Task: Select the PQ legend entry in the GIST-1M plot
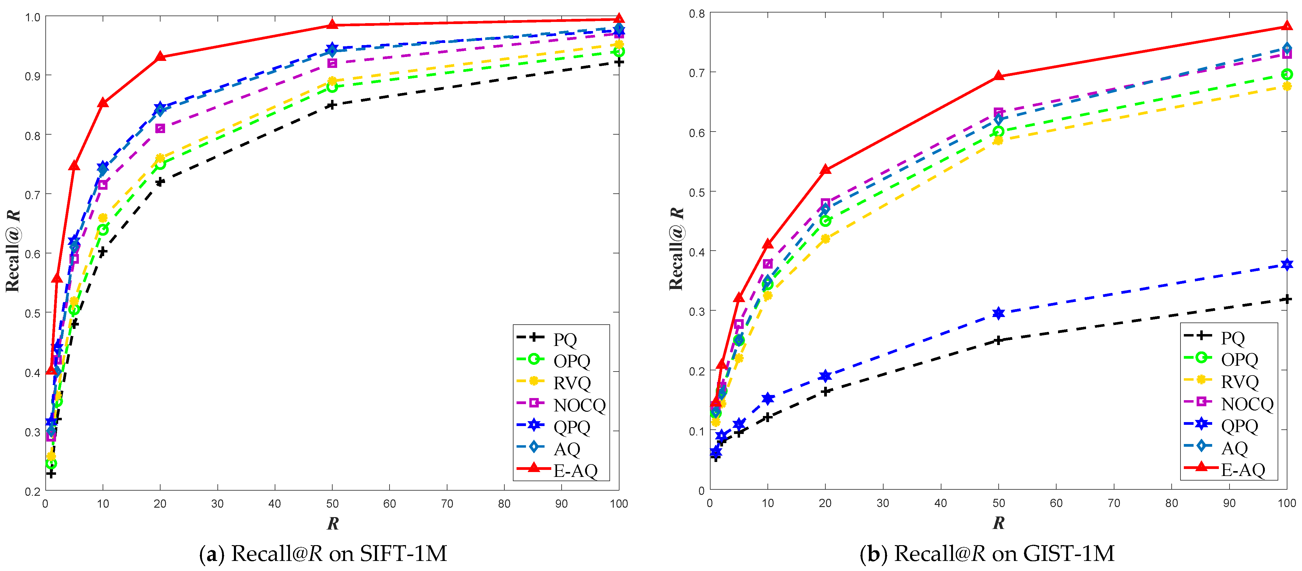point(1232,337)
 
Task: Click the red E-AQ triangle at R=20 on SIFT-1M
point(160,57)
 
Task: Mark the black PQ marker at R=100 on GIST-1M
point(1287,299)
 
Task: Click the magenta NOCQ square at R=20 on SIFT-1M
point(160,128)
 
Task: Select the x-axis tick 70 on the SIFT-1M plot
point(447,504)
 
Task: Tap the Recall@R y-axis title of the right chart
point(676,248)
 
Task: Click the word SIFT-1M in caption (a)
point(403,554)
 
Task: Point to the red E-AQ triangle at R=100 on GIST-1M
point(1287,26)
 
